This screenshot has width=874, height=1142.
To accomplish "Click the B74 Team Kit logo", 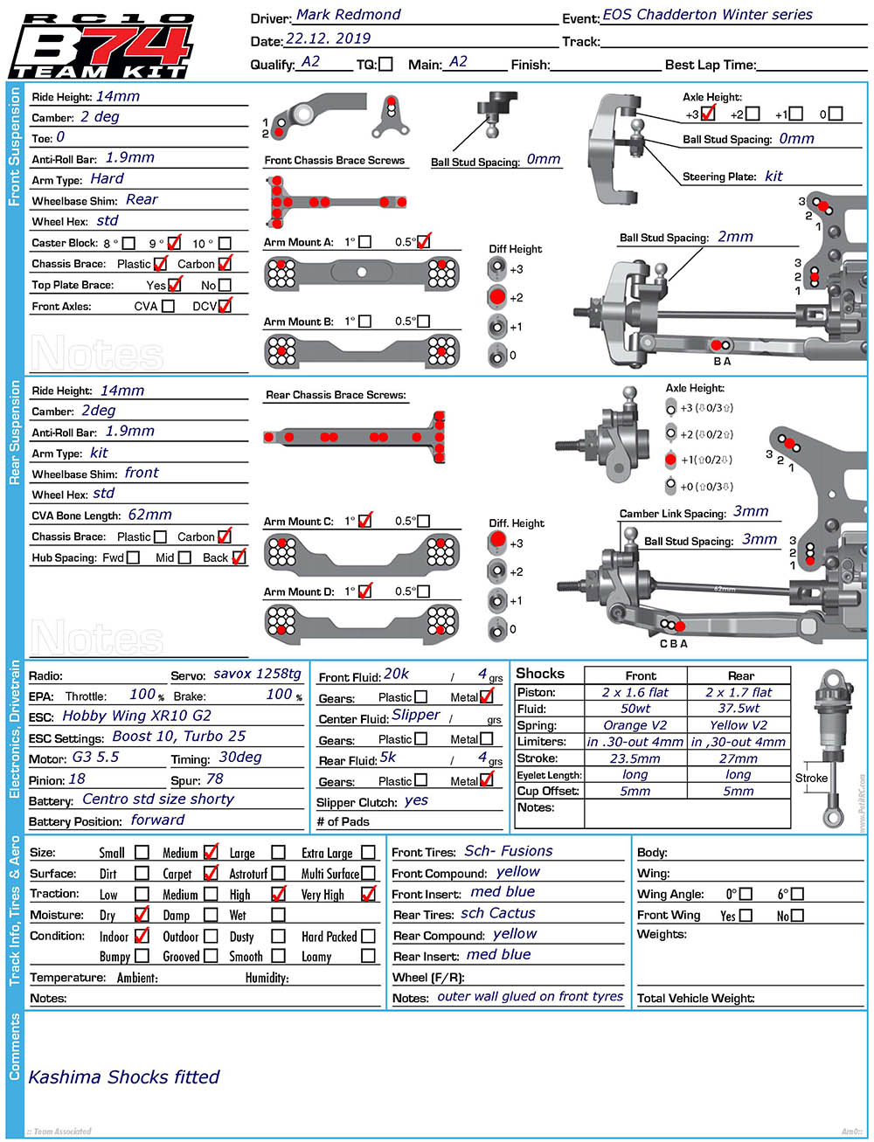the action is pyautogui.click(x=101, y=45).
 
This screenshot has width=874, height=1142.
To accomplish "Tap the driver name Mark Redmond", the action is pyautogui.click(x=348, y=15).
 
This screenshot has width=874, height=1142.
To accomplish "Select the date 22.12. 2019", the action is pyautogui.click(x=328, y=38).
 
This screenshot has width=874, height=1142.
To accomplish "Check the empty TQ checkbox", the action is pyautogui.click(x=385, y=64).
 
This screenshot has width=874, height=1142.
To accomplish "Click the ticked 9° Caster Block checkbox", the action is pyautogui.click(x=174, y=243).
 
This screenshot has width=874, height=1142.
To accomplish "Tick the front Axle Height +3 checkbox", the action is pyautogui.click(x=708, y=114).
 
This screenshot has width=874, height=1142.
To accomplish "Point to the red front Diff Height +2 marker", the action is pyautogui.click(x=497, y=296).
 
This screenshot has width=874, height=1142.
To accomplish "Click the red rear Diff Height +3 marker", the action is pyautogui.click(x=497, y=539).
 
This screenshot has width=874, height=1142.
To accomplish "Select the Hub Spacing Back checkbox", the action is pyautogui.click(x=239, y=557).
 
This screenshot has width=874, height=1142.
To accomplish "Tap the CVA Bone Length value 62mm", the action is pyautogui.click(x=149, y=515).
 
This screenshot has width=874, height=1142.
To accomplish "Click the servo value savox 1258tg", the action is pyautogui.click(x=257, y=674).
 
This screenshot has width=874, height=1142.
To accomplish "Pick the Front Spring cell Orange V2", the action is pyautogui.click(x=635, y=724).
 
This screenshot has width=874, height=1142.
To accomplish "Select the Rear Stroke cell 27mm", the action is pyautogui.click(x=739, y=758).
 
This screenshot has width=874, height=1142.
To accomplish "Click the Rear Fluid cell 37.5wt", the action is pyautogui.click(x=739, y=708).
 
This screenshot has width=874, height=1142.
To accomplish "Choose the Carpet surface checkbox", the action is pyautogui.click(x=211, y=873).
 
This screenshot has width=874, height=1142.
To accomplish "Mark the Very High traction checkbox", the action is pyautogui.click(x=368, y=894).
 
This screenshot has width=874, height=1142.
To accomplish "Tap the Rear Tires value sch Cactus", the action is pyautogui.click(x=498, y=913).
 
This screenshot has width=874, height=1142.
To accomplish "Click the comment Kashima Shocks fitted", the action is pyautogui.click(x=124, y=1077).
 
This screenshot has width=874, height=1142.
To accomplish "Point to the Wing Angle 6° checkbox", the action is pyautogui.click(x=796, y=894).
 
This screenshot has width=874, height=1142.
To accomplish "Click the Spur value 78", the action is pyautogui.click(x=214, y=779).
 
